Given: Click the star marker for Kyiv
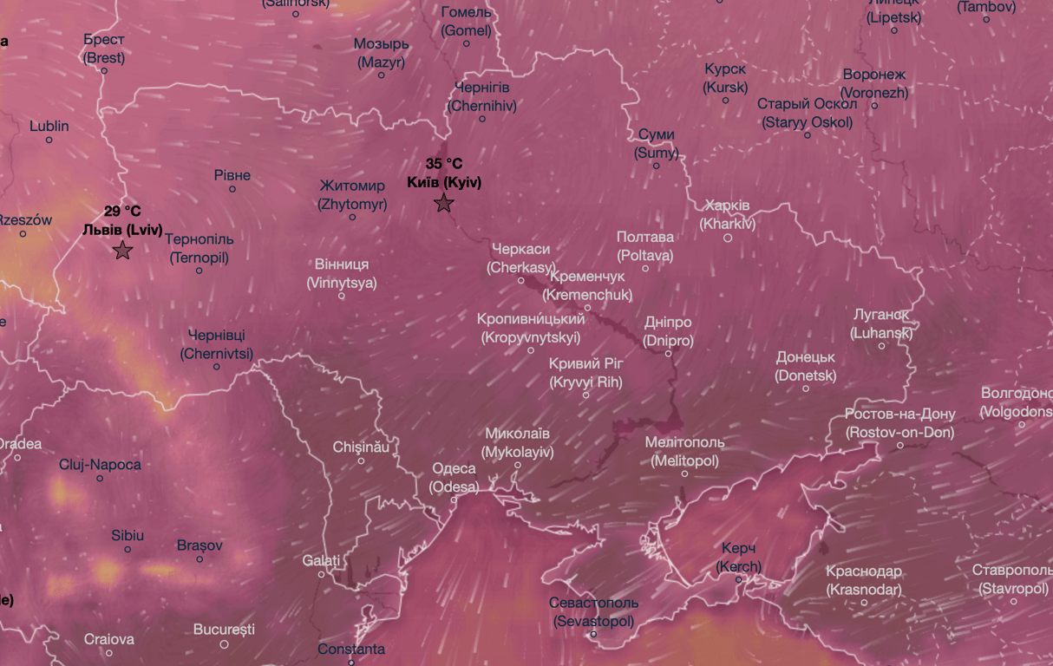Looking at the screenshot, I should [x=444, y=204].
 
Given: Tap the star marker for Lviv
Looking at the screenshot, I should [x=122, y=251].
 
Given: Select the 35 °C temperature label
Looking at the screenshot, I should [x=444, y=164].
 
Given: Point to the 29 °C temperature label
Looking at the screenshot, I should [x=122, y=211].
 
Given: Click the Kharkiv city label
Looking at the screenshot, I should [x=727, y=215].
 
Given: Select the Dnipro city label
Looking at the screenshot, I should [x=668, y=332].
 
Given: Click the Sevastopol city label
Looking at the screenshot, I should [x=594, y=612].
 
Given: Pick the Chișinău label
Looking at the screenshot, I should [x=361, y=447].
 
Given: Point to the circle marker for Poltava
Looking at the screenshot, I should [x=645, y=268].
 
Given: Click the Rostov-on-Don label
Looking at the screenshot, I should [x=899, y=423].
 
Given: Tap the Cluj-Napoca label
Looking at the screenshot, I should [x=100, y=465].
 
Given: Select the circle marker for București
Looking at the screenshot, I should [x=224, y=644].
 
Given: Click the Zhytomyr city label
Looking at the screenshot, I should [x=352, y=196].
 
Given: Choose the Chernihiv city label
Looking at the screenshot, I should [x=482, y=97].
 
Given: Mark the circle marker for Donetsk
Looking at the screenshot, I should [x=806, y=388].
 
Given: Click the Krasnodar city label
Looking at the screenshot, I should [x=863, y=581].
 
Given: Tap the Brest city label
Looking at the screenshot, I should [x=104, y=49].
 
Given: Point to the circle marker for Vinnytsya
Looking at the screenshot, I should [x=342, y=296].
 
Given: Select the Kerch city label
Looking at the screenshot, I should [x=738, y=558].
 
